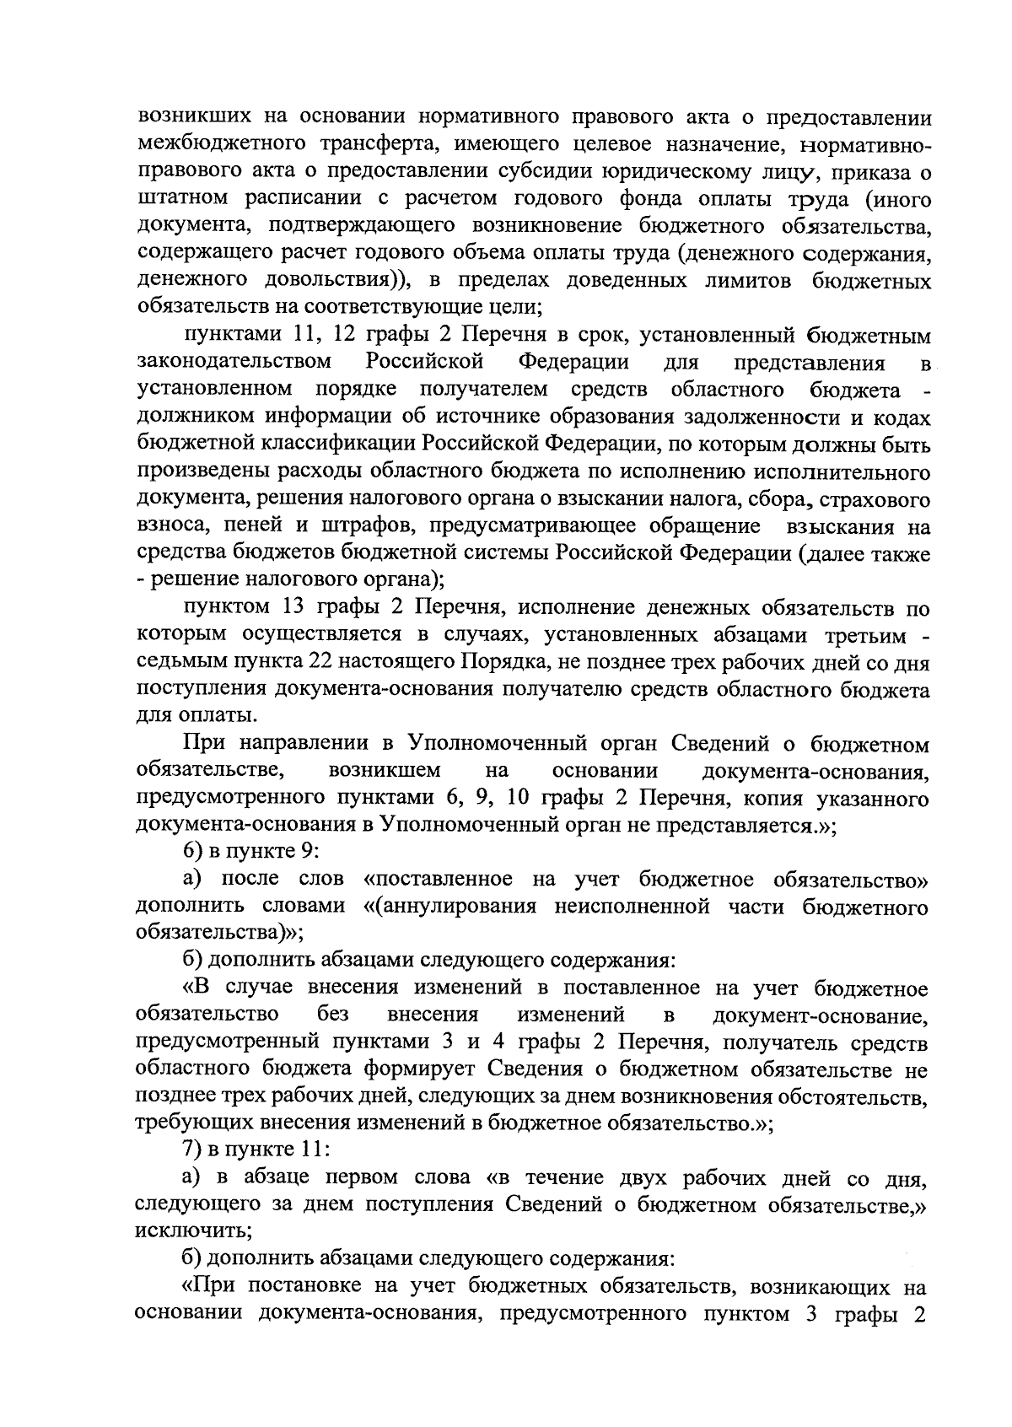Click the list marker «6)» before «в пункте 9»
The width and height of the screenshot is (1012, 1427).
(x=195, y=854)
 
